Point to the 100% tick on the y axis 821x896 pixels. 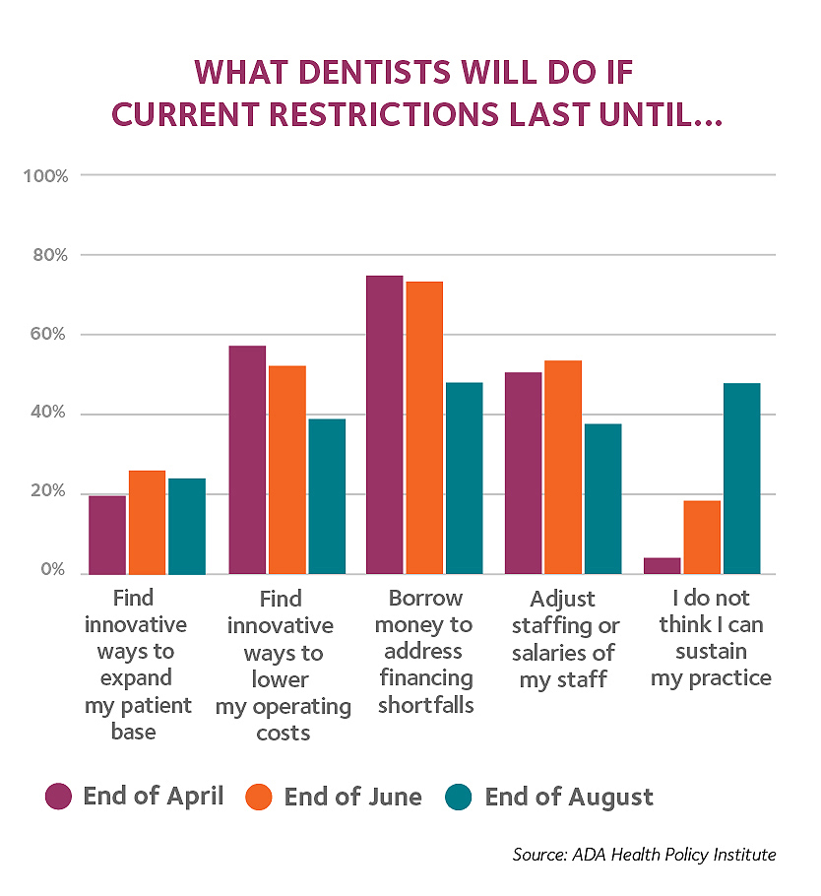point(45,176)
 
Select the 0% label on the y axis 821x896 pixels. point(53,572)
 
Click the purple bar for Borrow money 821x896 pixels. point(384,424)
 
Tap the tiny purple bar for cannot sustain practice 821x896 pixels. point(662,566)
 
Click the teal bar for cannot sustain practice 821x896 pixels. point(741,478)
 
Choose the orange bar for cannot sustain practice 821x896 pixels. point(702,537)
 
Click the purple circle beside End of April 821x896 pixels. point(59,796)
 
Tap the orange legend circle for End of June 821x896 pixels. point(260,796)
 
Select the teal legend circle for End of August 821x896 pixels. point(461,796)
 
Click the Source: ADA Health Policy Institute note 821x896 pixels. point(644,854)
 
